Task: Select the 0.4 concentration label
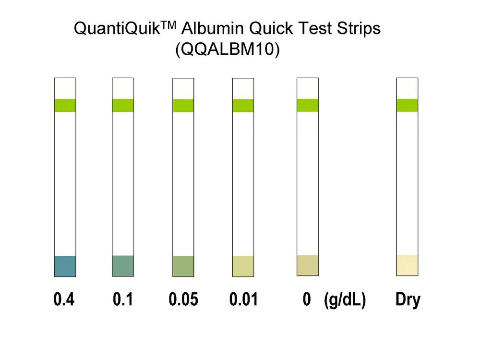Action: click(x=64, y=300)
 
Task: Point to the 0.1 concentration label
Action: click(x=123, y=300)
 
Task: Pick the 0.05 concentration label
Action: click(x=183, y=300)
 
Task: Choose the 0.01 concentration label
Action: click(x=243, y=300)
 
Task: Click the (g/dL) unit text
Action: click(x=345, y=300)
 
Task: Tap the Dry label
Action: click(x=408, y=300)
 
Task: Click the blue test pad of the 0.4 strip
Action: click(x=65, y=266)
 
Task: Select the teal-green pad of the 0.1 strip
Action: click(x=123, y=266)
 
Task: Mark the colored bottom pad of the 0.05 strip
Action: click(x=183, y=266)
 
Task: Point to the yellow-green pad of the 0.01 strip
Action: click(x=243, y=266)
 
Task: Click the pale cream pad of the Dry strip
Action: click(x=407, y=265)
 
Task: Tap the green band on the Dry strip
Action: click(x=407, y=105)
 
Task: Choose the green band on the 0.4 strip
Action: click(x=65, y=105)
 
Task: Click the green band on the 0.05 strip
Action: click(x=183, y=106)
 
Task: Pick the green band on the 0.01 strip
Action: click(x=243, y=106)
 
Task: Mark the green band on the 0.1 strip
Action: click(x=123, y=105)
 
